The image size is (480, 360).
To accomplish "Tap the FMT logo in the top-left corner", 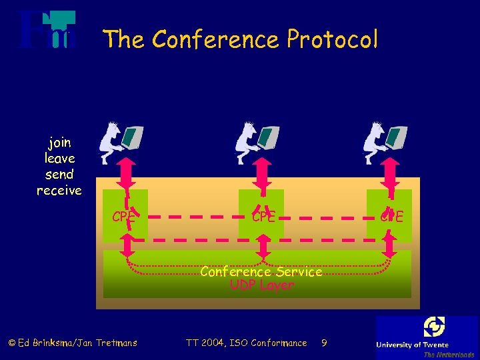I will coord(47,31).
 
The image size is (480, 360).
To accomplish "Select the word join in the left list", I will coord(59,143).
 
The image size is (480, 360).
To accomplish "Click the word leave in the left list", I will coord(59,159).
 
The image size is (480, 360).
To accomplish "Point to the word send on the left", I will coord(59,175).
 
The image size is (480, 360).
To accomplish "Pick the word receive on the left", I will coord(59,191).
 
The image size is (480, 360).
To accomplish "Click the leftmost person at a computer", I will coord(121,142).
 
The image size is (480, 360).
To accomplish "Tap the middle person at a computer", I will coord(257,142).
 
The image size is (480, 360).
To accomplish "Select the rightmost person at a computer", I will coord(385,142).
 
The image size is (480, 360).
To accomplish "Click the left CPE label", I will coord(123,217).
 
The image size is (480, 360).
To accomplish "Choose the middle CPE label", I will coord(263,217).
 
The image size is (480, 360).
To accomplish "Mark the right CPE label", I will coord(391,217).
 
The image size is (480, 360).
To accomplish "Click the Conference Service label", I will coord(261,272).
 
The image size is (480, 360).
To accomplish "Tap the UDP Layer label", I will coord(261,285).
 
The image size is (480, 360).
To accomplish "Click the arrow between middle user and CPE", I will coord(263,175).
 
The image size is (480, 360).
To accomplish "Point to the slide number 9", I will coord(323,343).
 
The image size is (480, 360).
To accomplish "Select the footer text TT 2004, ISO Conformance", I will coord(246,343).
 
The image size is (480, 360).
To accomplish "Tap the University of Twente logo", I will coord(427,337).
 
